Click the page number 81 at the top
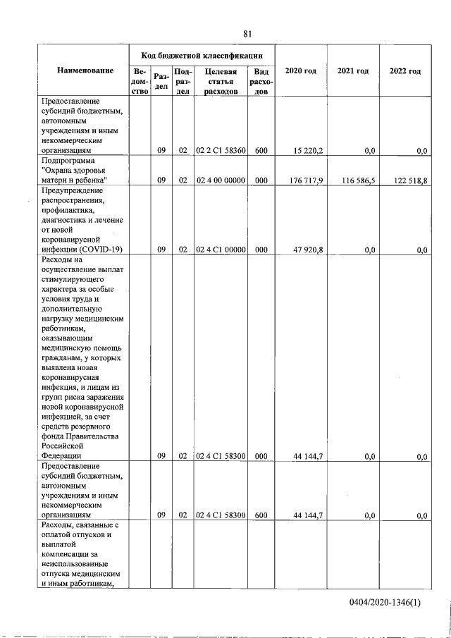coord(247,34)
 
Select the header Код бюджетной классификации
coord(202,54)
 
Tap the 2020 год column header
coord(300,71)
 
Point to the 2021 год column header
coord(353,71)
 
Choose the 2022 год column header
coord(404,71)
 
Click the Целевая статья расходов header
coord(220,81)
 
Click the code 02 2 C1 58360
coord(220,150)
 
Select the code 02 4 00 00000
coord(220,180)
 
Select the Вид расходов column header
coord(261,81)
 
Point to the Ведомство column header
coord(140,81)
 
